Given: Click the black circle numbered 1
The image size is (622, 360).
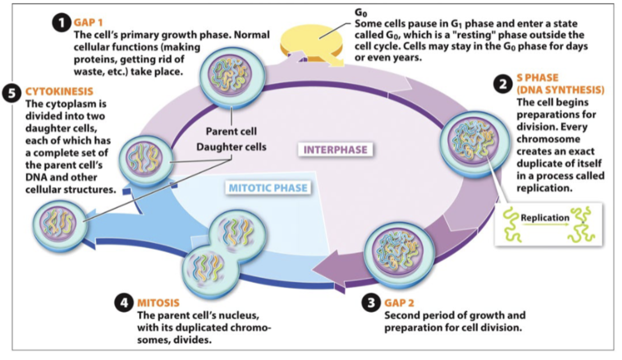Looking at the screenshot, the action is pyautogui.click(x=62, y=22).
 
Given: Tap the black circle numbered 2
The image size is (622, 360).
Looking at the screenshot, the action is pyautogui.click(x=503, y=84).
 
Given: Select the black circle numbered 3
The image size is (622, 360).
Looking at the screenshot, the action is pyautogui.click(x=371, y=302).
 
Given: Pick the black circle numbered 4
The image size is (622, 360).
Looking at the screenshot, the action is pyautogui.click(x=124, y=302).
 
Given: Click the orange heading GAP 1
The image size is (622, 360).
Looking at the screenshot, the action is pyautogui.click(x=88, y=22).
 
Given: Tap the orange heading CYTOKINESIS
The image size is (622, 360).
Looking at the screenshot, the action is pyautogui.click(x=60, y=91).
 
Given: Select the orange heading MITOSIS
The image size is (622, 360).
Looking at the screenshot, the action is pyautogui.click(x=158, y=302).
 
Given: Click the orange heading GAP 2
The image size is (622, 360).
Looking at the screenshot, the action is pyautogui.click(x=399, y=302).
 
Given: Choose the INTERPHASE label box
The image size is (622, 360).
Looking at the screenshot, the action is pyautogui.click(x=335, y=150).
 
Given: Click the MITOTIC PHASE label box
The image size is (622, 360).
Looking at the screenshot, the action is pyautogui.click(x=268, y=188).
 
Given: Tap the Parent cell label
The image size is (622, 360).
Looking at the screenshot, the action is pyautogui.click(x=232, y=131).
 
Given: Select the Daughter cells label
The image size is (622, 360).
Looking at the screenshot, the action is pyautogui.click(x=232, y=147).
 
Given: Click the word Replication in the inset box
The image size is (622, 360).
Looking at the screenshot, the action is pyautogui.click(x=545, y=218).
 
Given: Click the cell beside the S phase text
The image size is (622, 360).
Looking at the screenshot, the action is pyautogui.click(x=475, y=144).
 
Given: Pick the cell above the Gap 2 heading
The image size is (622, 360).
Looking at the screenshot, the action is pyautogui.click(x=399, y=253).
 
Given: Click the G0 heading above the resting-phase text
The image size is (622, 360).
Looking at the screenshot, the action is pyautogui.click(x=361, y=13).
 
